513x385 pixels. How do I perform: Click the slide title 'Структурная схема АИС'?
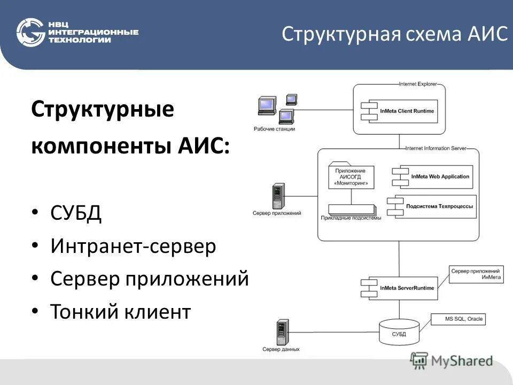point(394,34)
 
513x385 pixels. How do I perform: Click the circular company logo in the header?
point(30,33)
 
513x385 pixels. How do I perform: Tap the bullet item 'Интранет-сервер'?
point(133,247)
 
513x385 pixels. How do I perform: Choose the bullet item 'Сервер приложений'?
point(150,279)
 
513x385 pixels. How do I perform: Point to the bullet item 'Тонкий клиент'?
point(120,311)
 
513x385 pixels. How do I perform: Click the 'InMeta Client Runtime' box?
point(403,111)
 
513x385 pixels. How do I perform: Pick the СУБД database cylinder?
point(399,332)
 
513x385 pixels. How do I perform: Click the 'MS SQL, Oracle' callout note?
point(463,319)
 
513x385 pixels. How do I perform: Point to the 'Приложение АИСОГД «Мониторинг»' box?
point(351,177)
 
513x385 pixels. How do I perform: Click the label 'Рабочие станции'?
point(274,129)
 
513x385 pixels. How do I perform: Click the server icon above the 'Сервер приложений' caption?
point(277,196)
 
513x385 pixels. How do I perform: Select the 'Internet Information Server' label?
point(436,148)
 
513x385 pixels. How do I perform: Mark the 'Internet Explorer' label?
point(417,84)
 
